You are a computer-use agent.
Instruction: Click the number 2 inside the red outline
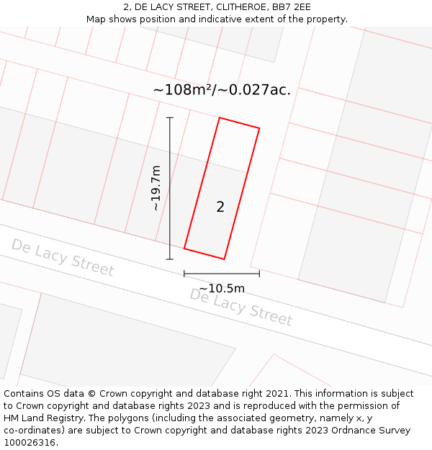pyautogui.click(x=220, y=207)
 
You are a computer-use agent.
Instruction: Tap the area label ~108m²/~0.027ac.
pyautogui.click(x=222, y=90)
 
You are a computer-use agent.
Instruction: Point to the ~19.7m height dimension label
pyautogui.click(x=156, y=188)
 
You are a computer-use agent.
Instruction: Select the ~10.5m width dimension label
pyautogui.click(x=222, y=289)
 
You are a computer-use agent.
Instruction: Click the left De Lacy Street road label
pyautogui.click(x=62, y=257)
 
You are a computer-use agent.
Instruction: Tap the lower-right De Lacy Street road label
pyautogui.click(x=240, y=307)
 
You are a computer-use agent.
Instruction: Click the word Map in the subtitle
pyautogui.click(x=97, y=19)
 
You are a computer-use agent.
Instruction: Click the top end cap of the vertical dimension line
pyautogui.click(x=170, y=117)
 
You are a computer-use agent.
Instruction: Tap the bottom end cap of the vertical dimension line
pyautogui.click(x=170, y=259)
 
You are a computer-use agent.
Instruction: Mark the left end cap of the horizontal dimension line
pyautogui.click(x=184, y=274)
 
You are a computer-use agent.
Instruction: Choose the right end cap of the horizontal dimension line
pyautogui.click(x=259, y=274)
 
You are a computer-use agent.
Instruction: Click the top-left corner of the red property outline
pyautogui.click(x=219, y=117)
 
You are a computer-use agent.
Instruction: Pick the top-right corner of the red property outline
pyautogui.click(x=259, y=128)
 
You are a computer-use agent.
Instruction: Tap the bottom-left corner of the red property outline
pyautogui.click(x=184, y=248)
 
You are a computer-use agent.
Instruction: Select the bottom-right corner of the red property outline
pyautogui.click(x=225, y=259)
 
